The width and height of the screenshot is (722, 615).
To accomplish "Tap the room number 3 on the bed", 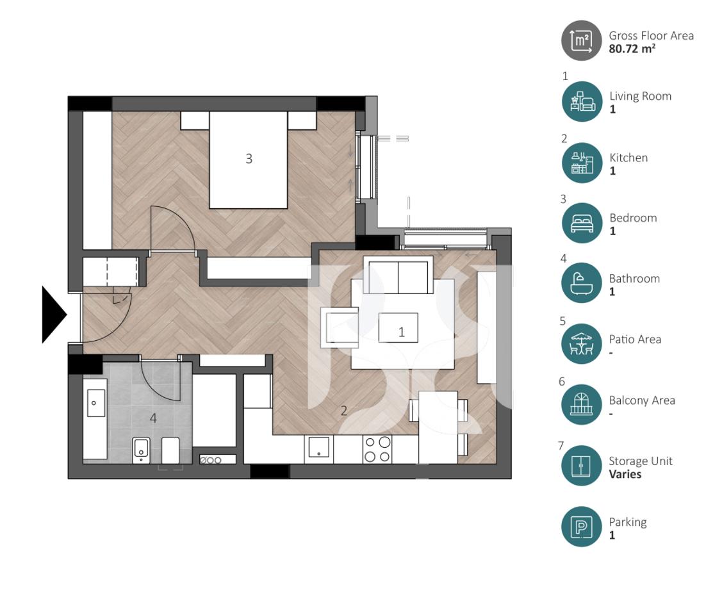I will coord(249,159).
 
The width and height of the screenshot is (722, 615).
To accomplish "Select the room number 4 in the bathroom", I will coord(153,418).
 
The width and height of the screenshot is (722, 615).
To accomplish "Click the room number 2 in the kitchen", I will coord(343,411).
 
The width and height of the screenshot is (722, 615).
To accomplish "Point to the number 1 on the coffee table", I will coord(402,332).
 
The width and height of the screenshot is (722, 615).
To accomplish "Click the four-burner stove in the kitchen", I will coord(377,448).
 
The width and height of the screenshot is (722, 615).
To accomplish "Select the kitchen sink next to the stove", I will coord(318,448).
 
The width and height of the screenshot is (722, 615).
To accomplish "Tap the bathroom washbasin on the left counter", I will coord(95,402).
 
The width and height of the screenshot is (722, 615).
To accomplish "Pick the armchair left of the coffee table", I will coord(340,326).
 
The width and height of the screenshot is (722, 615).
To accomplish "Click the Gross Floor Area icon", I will coord(582,40).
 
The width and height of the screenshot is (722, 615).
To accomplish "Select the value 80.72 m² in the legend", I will coord(632,48).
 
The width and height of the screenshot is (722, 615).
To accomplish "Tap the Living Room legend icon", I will coord(582,101).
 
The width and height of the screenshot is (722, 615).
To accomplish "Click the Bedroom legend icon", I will coord(582,223).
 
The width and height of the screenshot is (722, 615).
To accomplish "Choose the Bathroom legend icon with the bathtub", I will coord(582,284).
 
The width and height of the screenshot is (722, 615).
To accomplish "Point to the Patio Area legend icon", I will coord(582,345).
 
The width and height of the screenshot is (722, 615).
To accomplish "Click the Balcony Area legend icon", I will coord(582,406).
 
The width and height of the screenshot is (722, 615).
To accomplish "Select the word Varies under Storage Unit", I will coord(625,475).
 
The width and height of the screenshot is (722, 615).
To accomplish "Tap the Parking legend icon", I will coord(582,527).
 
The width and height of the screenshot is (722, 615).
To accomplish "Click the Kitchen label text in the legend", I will coord(628,158).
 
